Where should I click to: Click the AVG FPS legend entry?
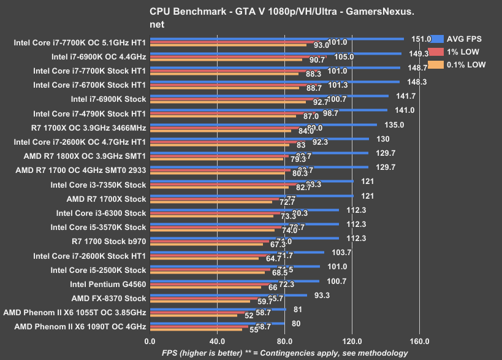(x=463, y=39)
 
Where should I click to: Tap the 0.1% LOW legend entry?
(x=463, y=64)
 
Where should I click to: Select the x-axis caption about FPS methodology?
(x=276, y=353)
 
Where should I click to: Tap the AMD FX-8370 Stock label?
(x=108, y=298)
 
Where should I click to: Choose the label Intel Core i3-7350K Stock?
(x=98, y=185)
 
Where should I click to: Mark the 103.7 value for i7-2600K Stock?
(x=341, y=252)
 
